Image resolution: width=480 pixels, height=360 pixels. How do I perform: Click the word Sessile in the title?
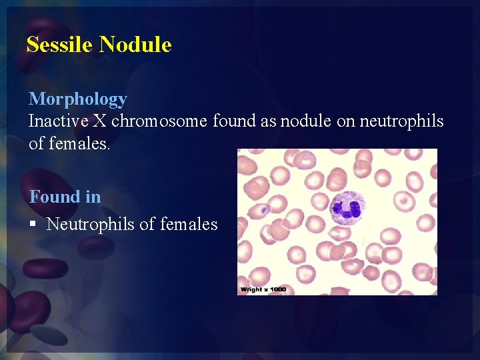(x=60, y=45)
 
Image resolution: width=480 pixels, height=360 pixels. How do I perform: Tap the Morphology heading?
(x=77, y=99)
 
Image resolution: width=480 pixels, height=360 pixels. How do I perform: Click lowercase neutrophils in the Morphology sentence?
(x=401, y=121)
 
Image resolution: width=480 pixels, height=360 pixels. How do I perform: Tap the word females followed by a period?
(x=79, y=143)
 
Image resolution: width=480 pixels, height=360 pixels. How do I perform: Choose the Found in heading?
(x=65, y=197)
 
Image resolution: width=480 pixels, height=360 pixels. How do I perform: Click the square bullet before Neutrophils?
(x=33, y=225)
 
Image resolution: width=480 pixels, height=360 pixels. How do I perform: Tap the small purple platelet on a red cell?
(x=264, y=209)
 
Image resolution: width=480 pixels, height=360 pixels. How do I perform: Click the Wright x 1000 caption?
(x=263, y=289)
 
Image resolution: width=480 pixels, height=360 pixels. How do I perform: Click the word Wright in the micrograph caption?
(x=251, y=289)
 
